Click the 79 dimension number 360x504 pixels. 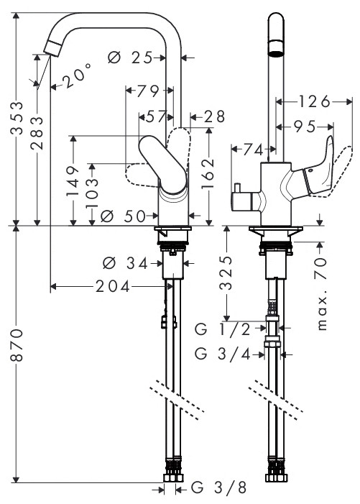click(147, 91)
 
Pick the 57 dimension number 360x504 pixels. click(157, 115)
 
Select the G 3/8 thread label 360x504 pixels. click(220, 490)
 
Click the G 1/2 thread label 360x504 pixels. click(222, 329)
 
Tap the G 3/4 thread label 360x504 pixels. click(222, 353)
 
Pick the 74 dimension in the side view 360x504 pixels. click(252, 150)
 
